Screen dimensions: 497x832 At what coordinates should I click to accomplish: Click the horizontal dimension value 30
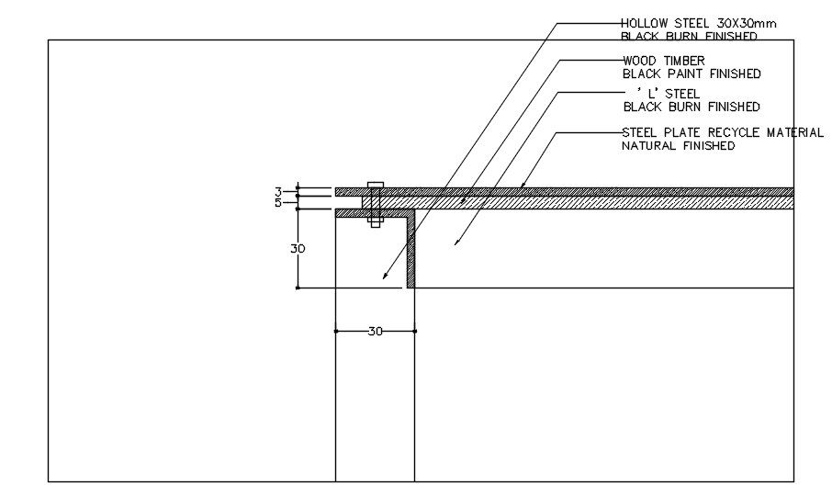coord(375,332)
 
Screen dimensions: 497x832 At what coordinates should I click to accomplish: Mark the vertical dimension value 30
coord(298,249)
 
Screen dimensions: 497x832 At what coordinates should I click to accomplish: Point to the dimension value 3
coord(277,192)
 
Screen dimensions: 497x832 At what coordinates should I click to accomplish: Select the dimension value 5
coord(277,203)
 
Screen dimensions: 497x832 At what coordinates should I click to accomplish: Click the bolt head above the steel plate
coord(375,185)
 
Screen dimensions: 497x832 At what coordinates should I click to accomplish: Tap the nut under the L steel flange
coord(375,221)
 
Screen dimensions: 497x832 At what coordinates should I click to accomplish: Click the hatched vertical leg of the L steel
coord(411,253)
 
